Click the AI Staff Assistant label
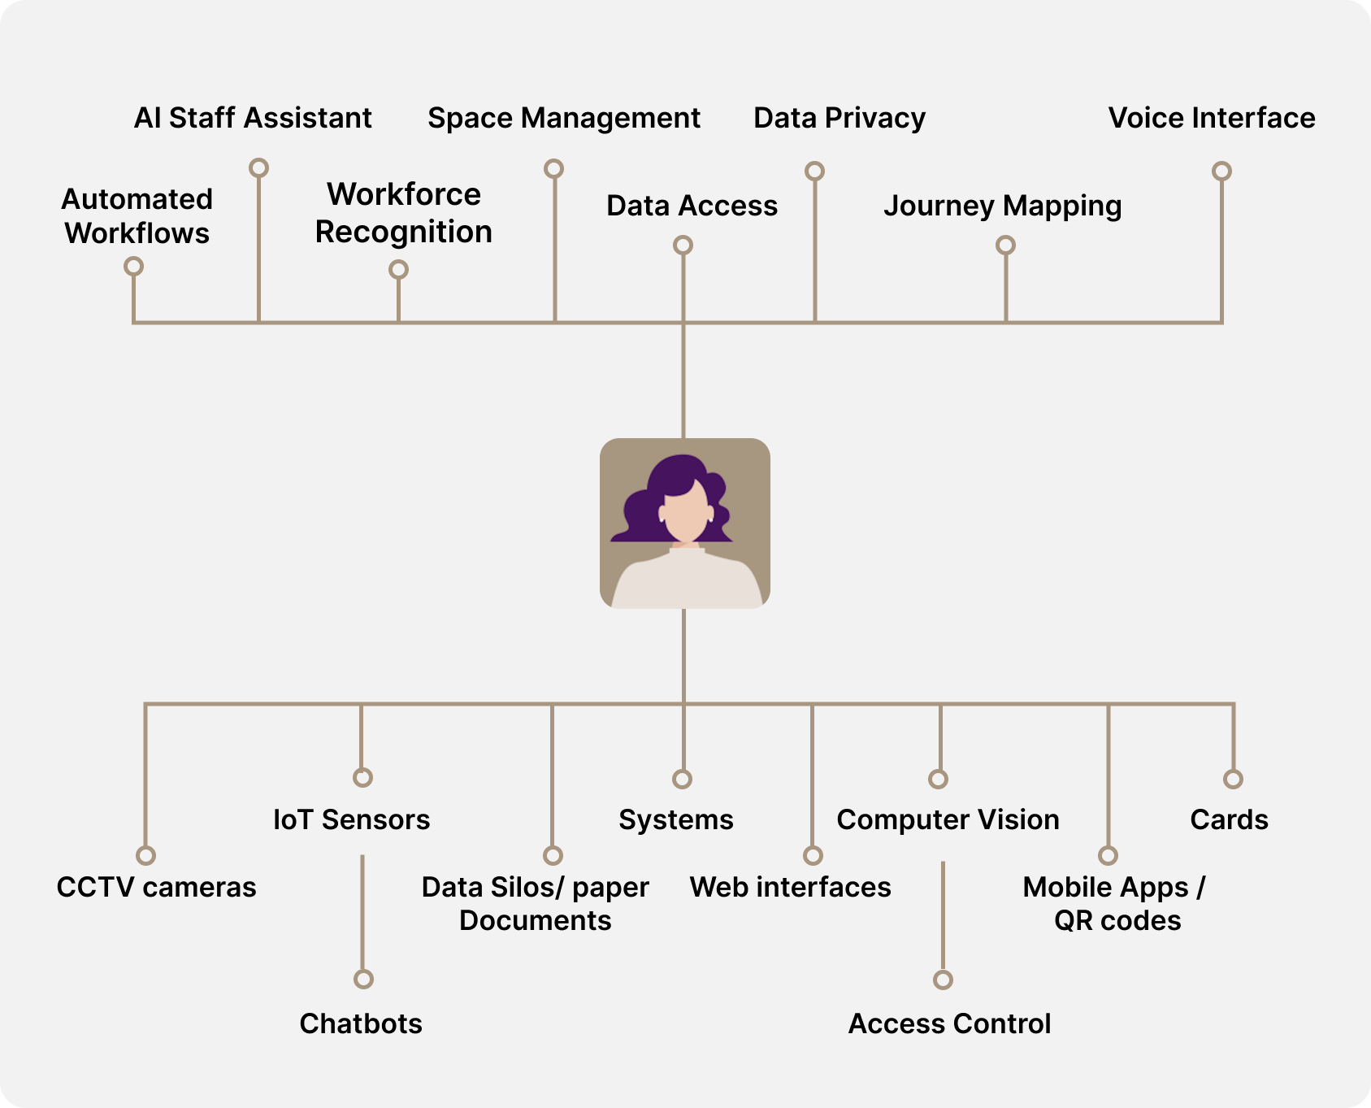pos(253,119)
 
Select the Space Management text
pos(564,119)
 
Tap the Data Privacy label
pos(839,119)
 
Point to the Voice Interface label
pos(1211,119)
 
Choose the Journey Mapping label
pos(1002,206)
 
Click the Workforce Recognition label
pos(403,213)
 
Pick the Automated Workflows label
pos(137,216)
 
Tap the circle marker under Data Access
pos(683,245)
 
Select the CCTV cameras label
pos(156,887)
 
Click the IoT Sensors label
pos(351,819)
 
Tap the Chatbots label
pos(361,1023)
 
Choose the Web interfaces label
pos(790,887)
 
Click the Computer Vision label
pos(948,819)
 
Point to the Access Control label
pos(949,1023)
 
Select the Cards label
pos(1229,819)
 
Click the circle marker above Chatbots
pos(363,979)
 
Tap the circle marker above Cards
pos(1233,779)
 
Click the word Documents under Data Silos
pos(535,921)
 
